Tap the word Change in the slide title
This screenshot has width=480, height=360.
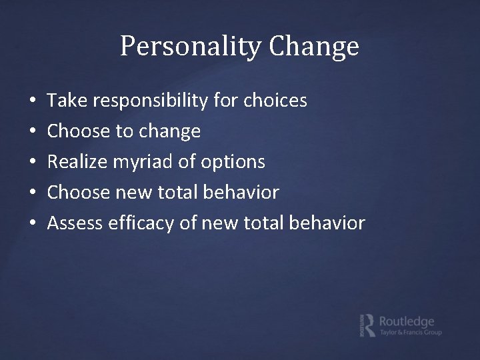click(x=314, y=47)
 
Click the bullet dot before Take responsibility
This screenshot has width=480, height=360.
click(x=33, y=101)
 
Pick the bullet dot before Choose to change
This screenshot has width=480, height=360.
click(x=33, y=132)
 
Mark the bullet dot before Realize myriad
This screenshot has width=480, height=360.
click(x=33, y=163)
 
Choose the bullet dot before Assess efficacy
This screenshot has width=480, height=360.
click(x=33, y=223)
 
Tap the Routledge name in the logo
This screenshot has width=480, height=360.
click(x=406, y=321)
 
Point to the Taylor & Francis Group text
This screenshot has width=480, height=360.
click(x=410, y=332)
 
